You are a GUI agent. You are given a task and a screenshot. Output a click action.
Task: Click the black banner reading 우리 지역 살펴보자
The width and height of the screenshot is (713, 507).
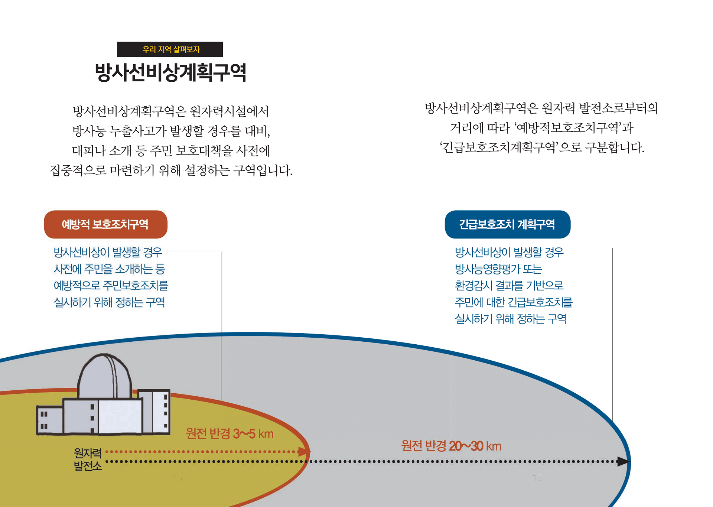[x=170, y=49]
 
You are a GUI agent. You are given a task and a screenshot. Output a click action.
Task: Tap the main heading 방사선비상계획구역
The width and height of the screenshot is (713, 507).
[x=170, y=72]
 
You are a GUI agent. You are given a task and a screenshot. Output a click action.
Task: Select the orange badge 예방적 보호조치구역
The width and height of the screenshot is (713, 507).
[x=105, y=224]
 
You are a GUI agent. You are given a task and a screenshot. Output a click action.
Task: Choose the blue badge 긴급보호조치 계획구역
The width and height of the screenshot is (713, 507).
[x=507, y=224]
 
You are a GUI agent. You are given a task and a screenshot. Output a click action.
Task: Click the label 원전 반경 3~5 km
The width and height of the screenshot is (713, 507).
[x=229, y=433]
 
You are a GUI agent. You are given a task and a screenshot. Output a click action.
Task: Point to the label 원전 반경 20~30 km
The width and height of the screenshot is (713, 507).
[x=451, y=446]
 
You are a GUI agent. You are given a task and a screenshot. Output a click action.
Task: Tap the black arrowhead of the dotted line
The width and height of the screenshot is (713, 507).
[x=623, y=462]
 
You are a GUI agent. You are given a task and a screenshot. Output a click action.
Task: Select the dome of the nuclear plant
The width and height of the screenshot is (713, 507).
[x=104, y=375]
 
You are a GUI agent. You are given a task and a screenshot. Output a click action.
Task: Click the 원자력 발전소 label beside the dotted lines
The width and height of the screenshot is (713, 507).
[x=88, y=459]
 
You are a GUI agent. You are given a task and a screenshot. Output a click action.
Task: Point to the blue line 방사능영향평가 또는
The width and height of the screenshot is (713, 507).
[x=498, y=269]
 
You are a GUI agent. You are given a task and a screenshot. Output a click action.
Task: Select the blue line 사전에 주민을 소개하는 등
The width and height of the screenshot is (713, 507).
[x=109, y=269]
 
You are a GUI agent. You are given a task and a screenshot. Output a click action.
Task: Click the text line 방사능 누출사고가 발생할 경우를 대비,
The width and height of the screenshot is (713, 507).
[x=171, y=131]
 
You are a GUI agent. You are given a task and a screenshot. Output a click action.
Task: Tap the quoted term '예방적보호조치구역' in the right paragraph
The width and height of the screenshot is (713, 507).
[x=567, y=128]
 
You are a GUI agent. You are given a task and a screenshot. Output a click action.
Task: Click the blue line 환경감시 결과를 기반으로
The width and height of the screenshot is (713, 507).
[x=509, y=285]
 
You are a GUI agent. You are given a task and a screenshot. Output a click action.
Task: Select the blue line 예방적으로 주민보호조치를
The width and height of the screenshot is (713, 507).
[x=111, y=285]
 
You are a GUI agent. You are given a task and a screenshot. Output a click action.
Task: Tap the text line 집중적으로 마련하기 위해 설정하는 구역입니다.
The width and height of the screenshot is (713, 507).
[x=171, y=170]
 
